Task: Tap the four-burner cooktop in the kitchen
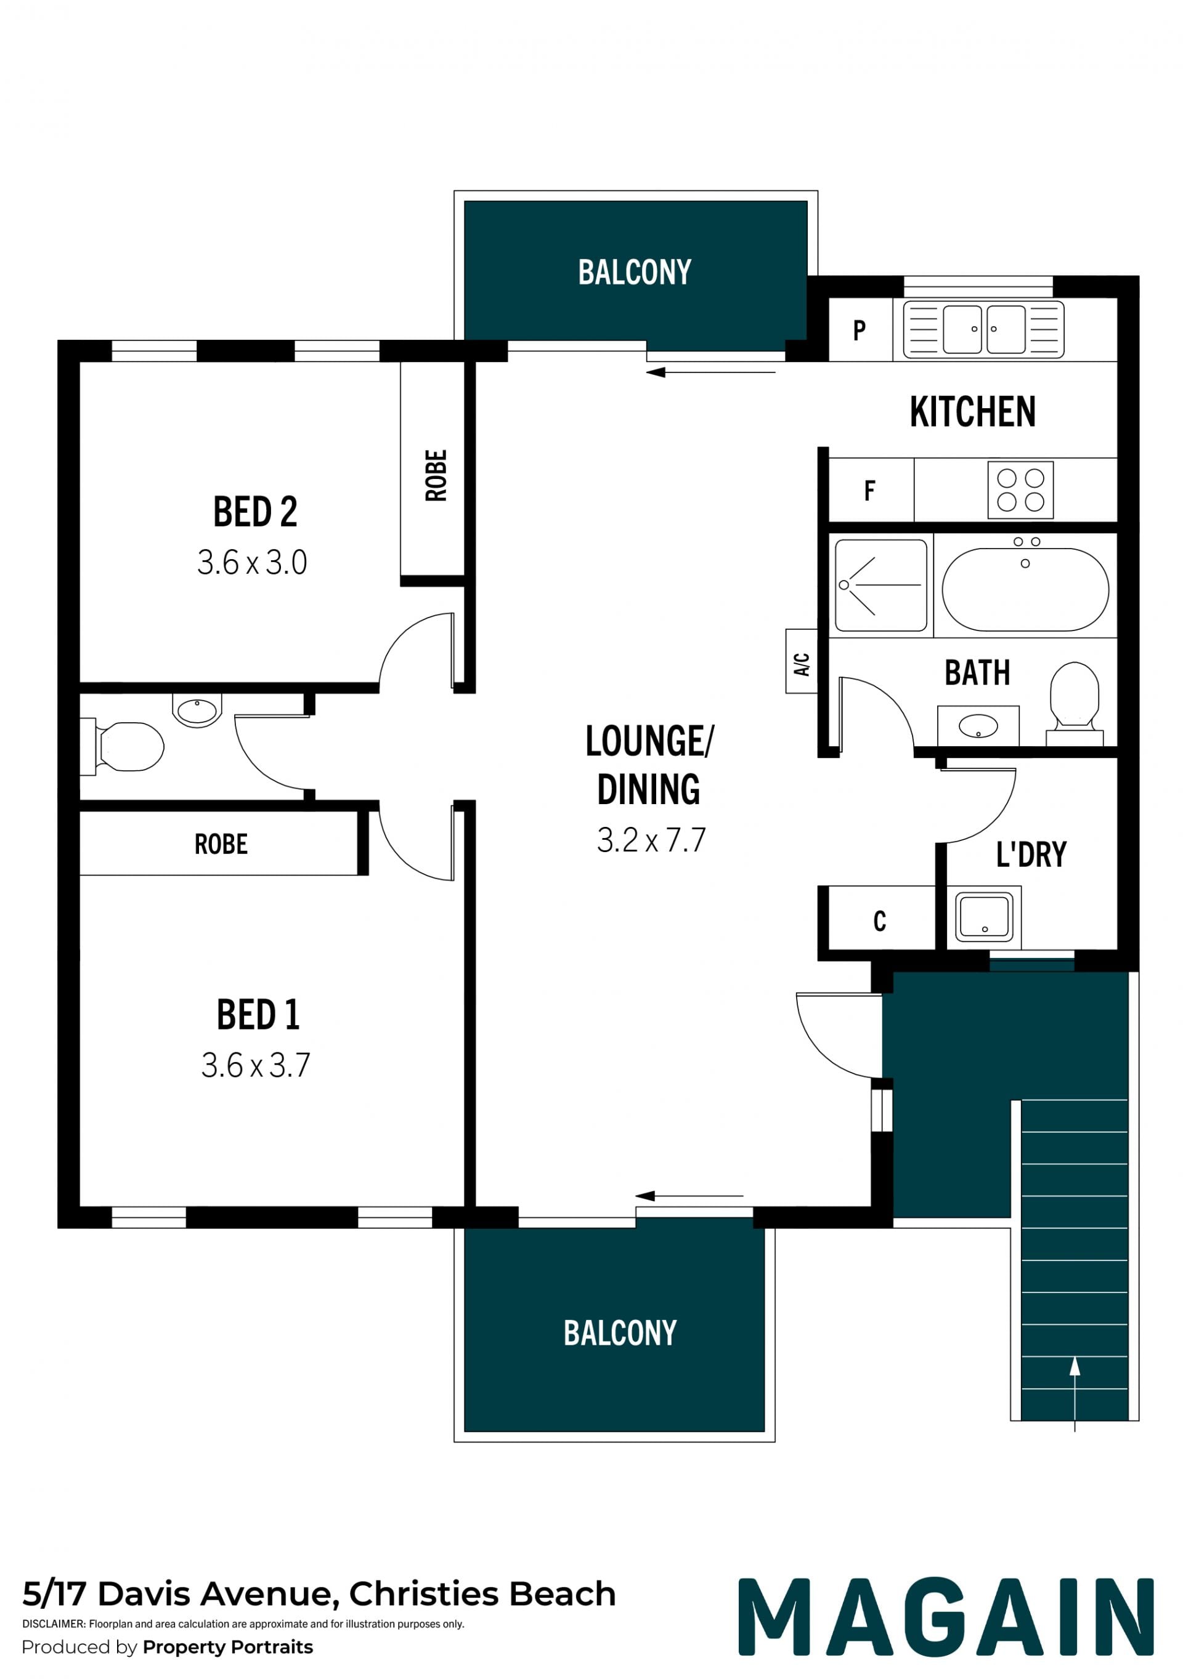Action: pos(1020,490)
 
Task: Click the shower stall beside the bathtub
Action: pos(881,585)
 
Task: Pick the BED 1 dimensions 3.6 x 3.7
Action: pos(256,1066)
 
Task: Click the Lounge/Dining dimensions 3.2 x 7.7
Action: pos(651,840)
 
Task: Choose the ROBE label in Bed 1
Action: pos(221,844)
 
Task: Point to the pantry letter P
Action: pos(860,331)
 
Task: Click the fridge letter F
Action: pos(870,490)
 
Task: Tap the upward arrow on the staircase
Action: pos(1075,1394)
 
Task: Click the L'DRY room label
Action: pos(1031,854)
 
